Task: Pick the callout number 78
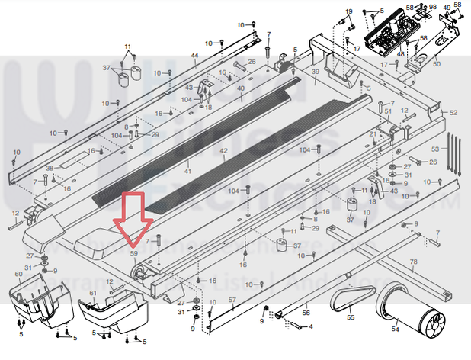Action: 414,263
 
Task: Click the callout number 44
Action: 194,56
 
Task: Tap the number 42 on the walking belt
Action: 224,151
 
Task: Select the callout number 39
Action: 315,71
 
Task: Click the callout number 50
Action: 436,63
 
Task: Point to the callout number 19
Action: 350,11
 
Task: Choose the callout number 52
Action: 453,113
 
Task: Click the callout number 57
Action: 232,301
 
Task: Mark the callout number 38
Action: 49,168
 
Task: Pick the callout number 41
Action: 188,149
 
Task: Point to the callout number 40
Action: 240,89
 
